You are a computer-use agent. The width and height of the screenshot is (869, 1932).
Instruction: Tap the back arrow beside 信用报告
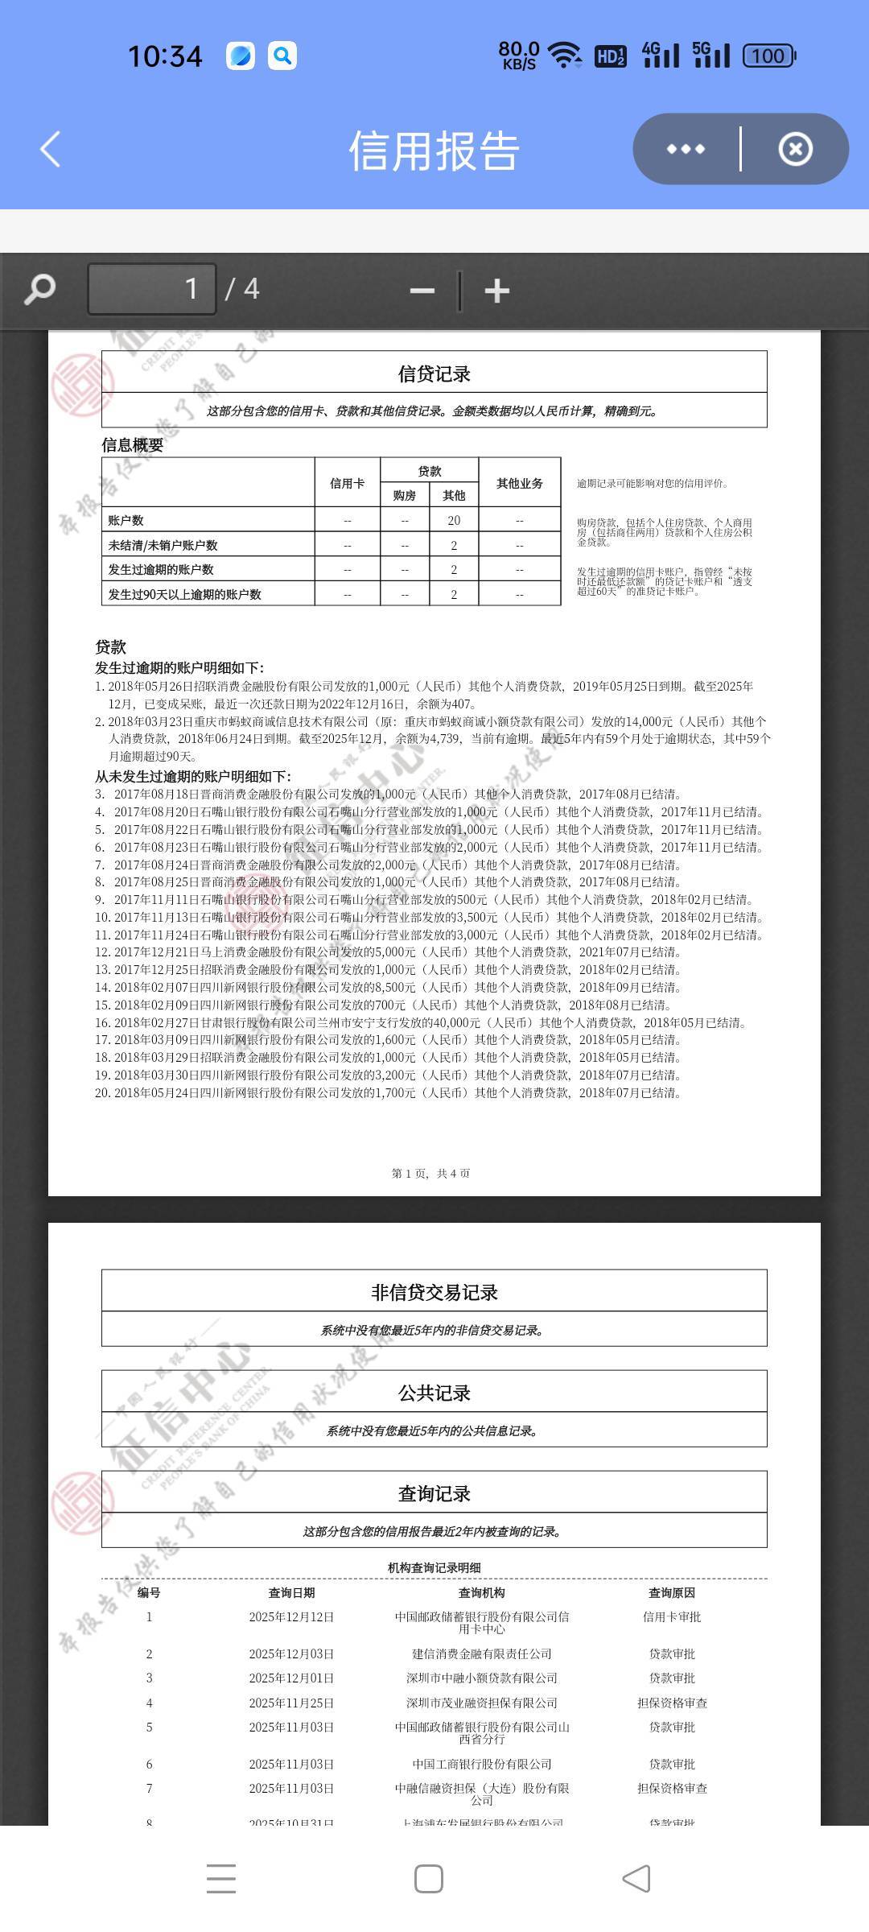(50, 150)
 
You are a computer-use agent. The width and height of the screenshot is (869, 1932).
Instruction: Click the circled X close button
(795, 150)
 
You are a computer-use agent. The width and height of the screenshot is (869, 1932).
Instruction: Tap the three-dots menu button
(686, 150)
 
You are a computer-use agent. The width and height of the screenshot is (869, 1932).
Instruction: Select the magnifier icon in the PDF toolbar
(39, 289)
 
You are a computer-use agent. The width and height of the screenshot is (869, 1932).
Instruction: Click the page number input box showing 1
(152, 289)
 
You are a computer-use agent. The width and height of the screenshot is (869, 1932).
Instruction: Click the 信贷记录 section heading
(434, 374)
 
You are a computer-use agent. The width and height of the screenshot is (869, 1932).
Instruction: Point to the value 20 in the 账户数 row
(454, 521)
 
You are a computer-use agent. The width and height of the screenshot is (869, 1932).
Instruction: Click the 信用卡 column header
(347, 483)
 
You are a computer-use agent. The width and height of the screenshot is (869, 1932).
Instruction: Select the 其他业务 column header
(519, 483)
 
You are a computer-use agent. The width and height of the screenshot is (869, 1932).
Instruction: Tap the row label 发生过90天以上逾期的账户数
(185, 594)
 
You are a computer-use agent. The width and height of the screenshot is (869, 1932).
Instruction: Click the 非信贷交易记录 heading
(434, 1292)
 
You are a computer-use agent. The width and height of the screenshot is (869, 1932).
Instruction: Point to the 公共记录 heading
(434, 1393)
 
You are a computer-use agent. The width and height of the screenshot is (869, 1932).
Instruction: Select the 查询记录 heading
(434, 1493)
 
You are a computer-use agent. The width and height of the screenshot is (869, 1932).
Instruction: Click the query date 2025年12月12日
(291, 1616)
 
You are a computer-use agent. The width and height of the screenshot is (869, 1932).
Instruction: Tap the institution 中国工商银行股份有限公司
(482, 1764)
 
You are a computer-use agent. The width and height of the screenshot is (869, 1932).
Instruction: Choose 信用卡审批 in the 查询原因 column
(672, 1616)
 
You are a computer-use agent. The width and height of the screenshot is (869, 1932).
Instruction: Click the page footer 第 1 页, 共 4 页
(431, 1174)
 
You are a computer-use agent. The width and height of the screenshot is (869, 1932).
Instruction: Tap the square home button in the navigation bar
(428, 1879)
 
